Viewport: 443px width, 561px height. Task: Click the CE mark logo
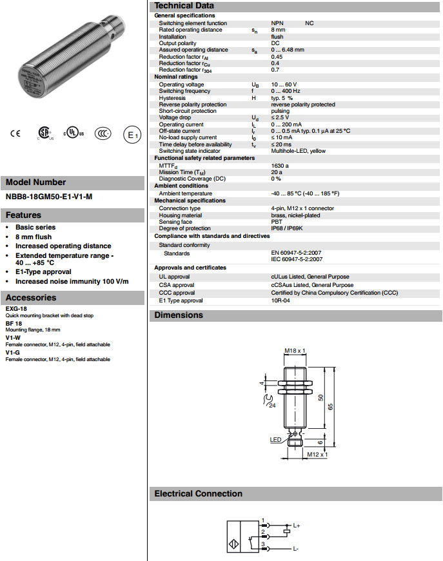click(15, 134)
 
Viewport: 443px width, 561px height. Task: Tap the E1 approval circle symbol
click(132, 135)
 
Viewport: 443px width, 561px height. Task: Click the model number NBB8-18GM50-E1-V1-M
click(49, 197)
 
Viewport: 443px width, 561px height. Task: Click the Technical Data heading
click(184, 6)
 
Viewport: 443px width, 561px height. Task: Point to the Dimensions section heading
click(179, 315)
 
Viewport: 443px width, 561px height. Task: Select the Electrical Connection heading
click(198, 494)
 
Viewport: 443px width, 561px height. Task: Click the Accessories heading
click(31, 297)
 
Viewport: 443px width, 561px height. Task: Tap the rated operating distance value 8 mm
click(278, 30)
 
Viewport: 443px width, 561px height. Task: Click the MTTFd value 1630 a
click(280, 166)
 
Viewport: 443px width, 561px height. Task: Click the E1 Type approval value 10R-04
click(281, 300)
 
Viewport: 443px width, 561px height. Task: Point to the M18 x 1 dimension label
click(295, 351)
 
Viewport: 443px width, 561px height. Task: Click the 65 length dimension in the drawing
click(330, 406)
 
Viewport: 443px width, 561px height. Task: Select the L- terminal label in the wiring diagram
click(295, 549)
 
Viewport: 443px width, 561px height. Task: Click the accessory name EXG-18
click(15, 309)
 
